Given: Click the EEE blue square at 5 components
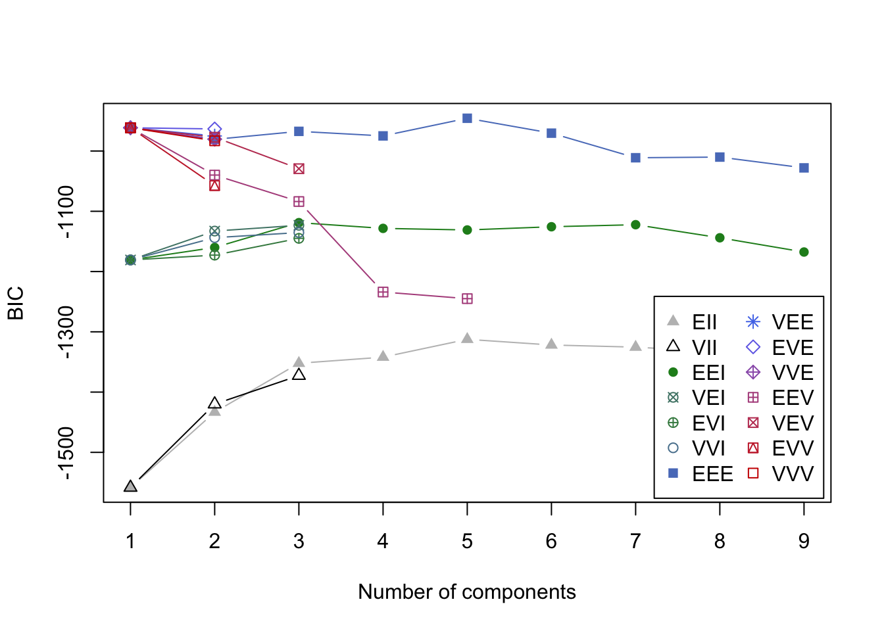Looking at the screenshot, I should pyautogui.click(x=467, y=118).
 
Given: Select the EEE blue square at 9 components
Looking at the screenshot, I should pyautogui.click(x=804, y=168).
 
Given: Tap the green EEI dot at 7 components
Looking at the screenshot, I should pyautogui.click(x=635, y=225).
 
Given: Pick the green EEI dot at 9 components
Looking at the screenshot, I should pyautogui.click(x=804, y=252).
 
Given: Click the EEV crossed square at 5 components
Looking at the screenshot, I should pyautogui.click(x=467, y=299).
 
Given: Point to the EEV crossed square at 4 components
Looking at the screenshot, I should pyautogui.click(x=383, y=292).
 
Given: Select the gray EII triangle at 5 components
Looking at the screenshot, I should pyautogui.click(x=467, y=339).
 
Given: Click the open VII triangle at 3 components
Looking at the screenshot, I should pyautogui.click(x=299, y=375).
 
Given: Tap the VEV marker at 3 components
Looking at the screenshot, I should pyautogui.click(x=299, y=169).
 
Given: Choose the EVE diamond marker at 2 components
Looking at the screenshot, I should pyautogui.click(x=214, y=129).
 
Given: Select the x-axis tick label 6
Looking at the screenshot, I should pyautogui.click(x=551, y=541).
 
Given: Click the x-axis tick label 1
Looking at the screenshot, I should pyautogui.click(x=130, y=541).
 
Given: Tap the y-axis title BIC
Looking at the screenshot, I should pyautogui.click(x=16, y=303).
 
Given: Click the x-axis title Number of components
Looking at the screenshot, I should pyautogui.click(x=467, y=592).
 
